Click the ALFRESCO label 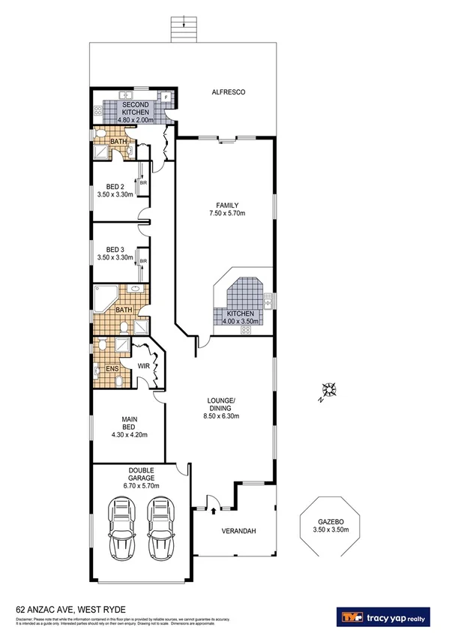229,93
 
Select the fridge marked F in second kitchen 166,97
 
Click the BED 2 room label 115,187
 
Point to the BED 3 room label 115,250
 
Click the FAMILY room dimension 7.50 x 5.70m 227,213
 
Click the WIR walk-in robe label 144,366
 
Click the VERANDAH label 240,532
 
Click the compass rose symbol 328,389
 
